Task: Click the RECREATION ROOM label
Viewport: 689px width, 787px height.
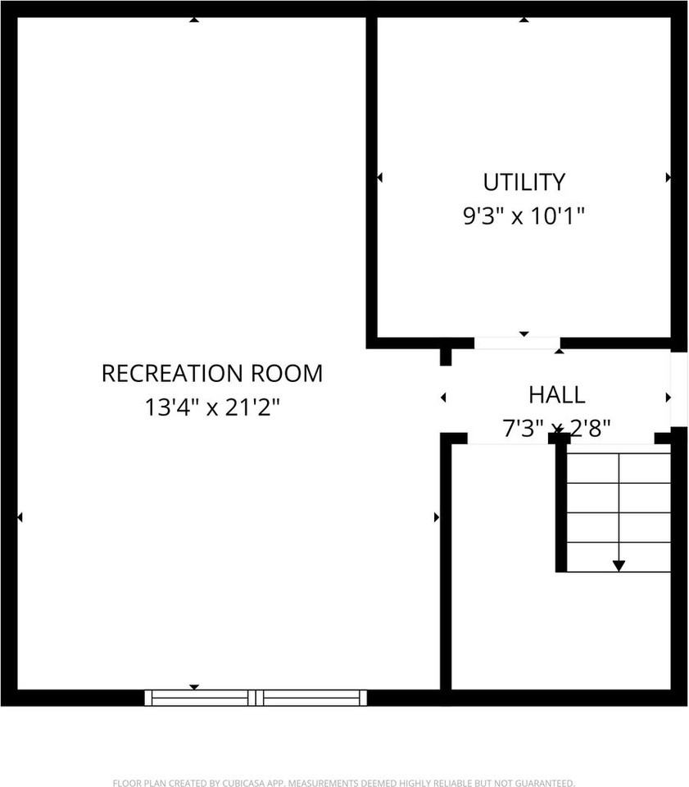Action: [212, 374]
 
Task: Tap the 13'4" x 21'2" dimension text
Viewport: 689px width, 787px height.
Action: [212, 407]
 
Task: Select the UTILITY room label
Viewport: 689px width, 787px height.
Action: [524, 182]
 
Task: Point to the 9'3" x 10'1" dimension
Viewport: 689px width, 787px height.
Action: [524, 216]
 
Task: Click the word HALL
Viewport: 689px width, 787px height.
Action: [556, 395]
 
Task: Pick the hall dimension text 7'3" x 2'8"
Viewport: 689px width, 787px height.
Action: [556, 428]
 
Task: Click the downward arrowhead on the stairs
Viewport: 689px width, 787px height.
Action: [619, 565]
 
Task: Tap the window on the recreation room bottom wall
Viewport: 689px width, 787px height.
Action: [256, 698]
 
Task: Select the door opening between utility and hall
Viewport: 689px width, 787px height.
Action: [517, 343]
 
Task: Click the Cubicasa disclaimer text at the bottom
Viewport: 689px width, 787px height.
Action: [344, 783]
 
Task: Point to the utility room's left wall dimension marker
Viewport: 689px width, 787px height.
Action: [379, 177]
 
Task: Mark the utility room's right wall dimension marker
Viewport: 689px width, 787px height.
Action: [669, 177]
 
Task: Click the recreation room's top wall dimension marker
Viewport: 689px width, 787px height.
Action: [193, 19]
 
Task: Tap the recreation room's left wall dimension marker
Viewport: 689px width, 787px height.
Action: [20, 517]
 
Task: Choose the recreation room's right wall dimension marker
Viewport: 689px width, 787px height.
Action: [437, 517]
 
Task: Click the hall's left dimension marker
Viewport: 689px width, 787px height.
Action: [443, 398]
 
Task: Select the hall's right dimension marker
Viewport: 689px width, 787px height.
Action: [669, 398]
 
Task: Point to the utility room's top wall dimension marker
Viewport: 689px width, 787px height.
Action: [524, 19]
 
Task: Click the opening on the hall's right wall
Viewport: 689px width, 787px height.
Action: [679, 389]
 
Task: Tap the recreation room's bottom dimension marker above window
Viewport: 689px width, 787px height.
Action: [194, 687]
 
